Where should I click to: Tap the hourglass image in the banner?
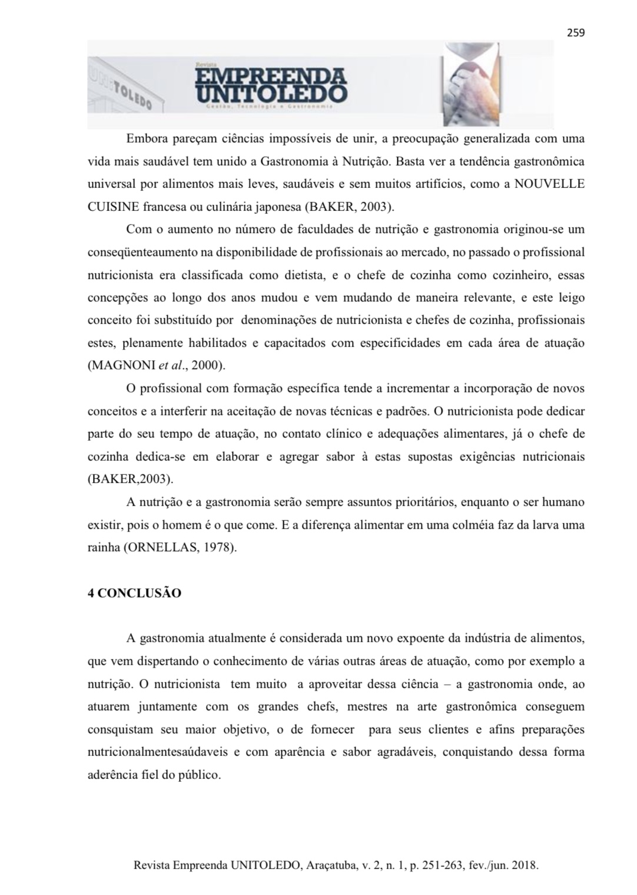click(x=470, y=84)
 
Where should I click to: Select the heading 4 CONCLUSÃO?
click(x=134, y=593)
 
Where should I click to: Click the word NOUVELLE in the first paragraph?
click(x=549, y=184)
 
